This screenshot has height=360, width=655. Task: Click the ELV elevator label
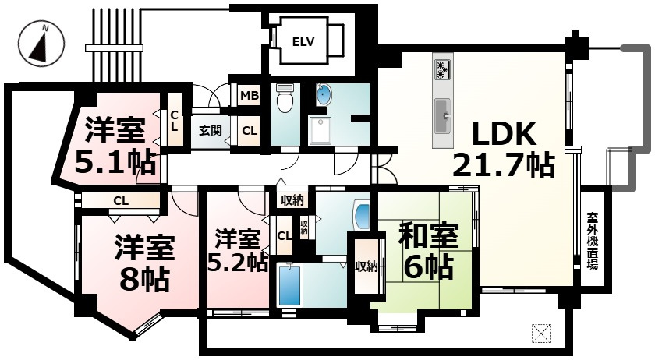[x=303, y=41]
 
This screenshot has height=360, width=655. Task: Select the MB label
[x=249, y=96]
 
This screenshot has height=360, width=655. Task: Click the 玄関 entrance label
[x=209, y=130]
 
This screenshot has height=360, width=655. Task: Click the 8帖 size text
[x=142, y=277]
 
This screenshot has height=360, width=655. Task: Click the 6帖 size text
[x=428, y=267]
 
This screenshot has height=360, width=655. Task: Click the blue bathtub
[x=289, y=285]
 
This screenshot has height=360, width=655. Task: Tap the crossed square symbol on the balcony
[x=540, y=333]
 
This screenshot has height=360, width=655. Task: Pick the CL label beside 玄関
[x=249, y=130]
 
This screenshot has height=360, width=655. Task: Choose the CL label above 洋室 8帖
[x=120, y=201]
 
